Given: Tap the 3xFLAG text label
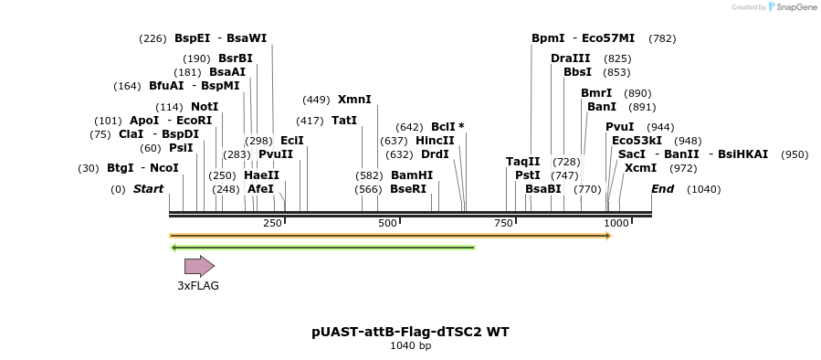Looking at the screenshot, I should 198,285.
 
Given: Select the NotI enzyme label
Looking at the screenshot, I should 204,107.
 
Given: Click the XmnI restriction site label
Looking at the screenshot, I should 354,100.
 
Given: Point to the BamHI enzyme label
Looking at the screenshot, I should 412,175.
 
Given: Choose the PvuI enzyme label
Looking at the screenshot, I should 620,127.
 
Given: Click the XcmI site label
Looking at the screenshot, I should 640,168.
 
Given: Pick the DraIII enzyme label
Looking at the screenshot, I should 570,58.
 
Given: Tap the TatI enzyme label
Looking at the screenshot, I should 344,121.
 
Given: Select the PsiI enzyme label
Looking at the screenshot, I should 181,148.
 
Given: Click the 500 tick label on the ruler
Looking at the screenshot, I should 387,223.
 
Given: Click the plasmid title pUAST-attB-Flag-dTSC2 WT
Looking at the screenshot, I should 410,331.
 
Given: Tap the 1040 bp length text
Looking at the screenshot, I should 410,345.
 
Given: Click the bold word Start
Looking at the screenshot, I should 148,189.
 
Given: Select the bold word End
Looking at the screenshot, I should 662,189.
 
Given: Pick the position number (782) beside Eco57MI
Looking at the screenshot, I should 662,38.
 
